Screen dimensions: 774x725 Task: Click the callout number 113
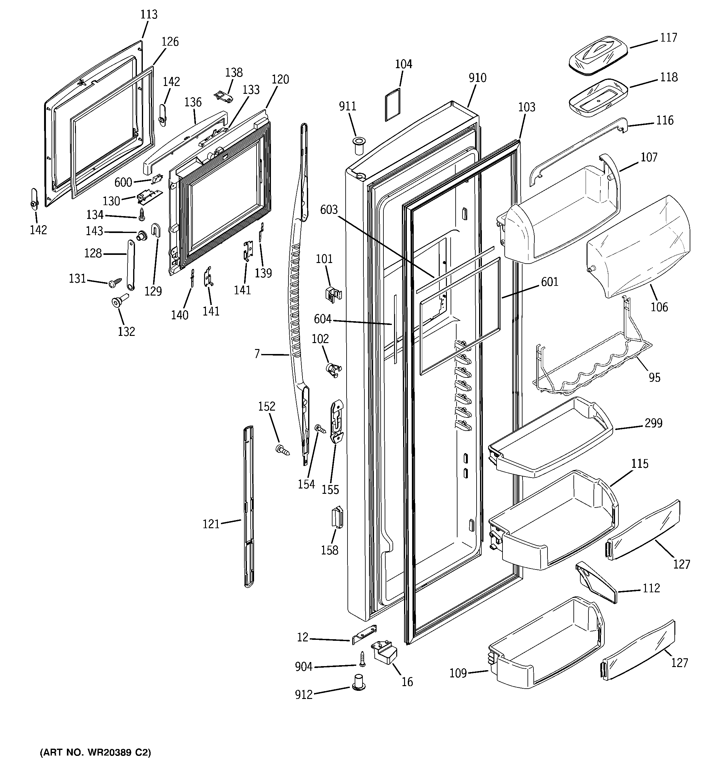pos(149,14)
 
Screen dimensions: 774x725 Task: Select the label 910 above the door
pos(477,78)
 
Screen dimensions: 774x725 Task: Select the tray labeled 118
pos(598,97)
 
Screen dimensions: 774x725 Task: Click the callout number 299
pos(653,423)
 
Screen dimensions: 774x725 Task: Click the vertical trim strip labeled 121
pos(248,506)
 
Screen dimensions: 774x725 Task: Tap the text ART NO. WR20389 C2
pos(95,752)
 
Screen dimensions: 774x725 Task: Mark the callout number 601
pos(549,282)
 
